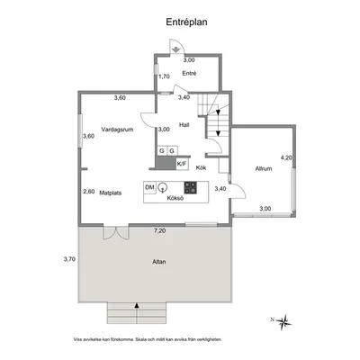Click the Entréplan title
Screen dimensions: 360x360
click(186, 22)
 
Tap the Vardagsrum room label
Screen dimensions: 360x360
click(117, 130)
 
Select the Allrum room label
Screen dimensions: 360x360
click(264, 168)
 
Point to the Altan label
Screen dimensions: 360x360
click(159, 262)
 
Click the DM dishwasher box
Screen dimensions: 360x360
click(149, 188)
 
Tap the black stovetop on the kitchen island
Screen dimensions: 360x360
click(191, 188)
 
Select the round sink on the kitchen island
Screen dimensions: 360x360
click(163, 187)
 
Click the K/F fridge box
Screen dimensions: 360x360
click(182, 164)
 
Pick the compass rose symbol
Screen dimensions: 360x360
click(283, 322)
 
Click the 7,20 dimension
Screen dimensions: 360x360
click(160, 230)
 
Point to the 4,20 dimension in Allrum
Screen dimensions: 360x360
click(286, 157)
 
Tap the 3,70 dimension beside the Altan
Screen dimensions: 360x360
click(69, 259)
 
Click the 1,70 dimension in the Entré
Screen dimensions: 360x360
click(164, 76)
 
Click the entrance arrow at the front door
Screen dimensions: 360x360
click(175, 50)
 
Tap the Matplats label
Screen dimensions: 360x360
click(111, 193)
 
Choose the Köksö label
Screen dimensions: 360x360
click(175, 198)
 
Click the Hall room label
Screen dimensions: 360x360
click(184, 125)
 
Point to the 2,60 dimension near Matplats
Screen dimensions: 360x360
click(89, 192)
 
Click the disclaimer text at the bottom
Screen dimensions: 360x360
click(148, 340)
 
